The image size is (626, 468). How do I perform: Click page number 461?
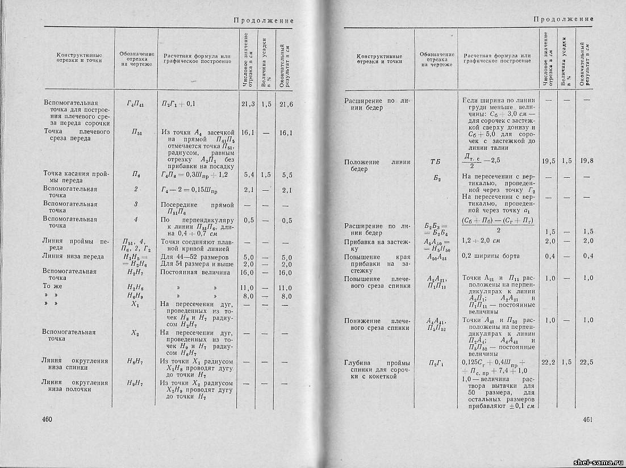pos(588,436)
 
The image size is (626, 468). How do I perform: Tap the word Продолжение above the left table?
pos(264,20)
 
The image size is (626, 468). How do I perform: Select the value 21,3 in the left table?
pos(247,104)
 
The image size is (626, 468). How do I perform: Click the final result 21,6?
pos(286,104)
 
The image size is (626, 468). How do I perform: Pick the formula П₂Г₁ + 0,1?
pos(178,104)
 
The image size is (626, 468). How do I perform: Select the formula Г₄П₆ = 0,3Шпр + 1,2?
pos(194,175)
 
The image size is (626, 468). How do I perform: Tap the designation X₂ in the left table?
pos(135,332)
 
